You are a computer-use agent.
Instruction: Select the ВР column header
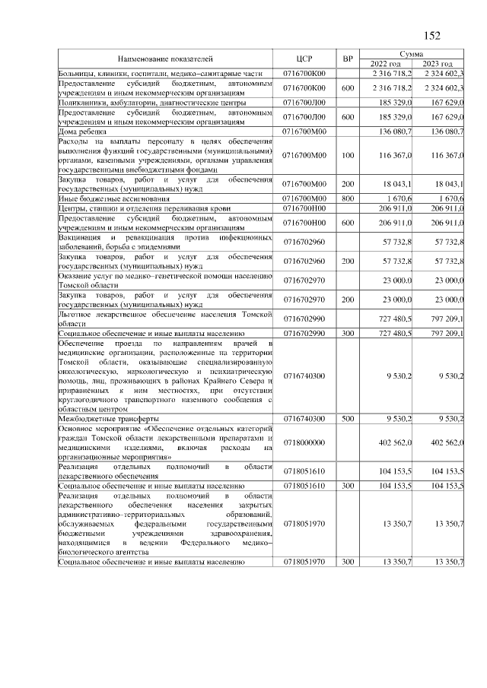click(x=348, y=59)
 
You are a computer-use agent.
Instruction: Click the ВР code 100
click(x=348, y=155)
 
